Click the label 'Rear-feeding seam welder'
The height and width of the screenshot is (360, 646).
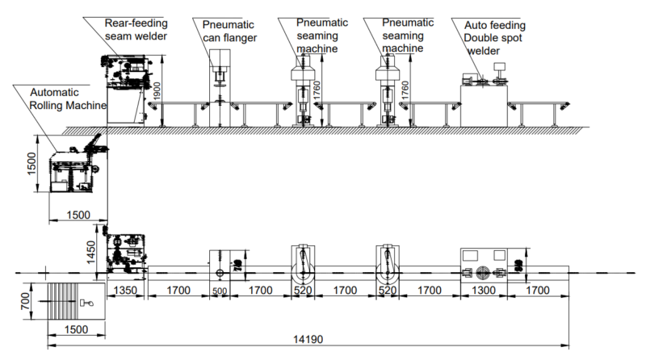(x=135, y=30)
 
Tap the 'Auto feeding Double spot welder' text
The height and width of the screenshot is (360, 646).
(x=493, y=38)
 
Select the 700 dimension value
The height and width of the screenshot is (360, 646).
(x=25, y=302)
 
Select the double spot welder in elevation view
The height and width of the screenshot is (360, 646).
(x=484, y=100)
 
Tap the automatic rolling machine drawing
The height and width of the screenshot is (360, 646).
(x=74, y=168)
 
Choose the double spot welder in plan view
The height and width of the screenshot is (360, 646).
(x=484, y=262)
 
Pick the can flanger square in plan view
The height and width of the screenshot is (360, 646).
(x=219, y=263)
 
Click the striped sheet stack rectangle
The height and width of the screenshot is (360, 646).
(x=77, y=303)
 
